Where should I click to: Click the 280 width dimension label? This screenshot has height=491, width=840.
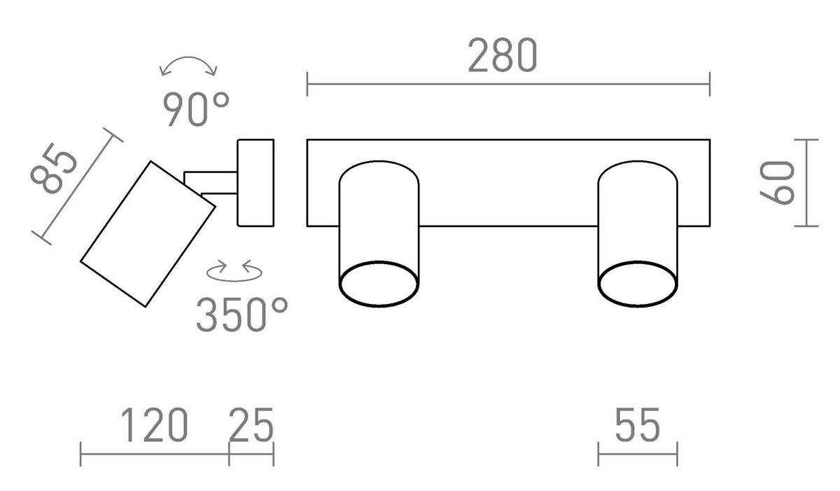click(x=503, y=55)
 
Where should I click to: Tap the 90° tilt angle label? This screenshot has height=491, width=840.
click(x=196, y=109)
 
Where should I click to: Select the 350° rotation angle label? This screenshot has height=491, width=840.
click(x=242, y=314)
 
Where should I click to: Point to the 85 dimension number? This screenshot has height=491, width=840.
click(x=55, y=169)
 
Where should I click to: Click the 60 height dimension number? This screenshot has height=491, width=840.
click(x=777, y=183)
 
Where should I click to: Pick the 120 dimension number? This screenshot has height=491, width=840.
click(x=154, y=425)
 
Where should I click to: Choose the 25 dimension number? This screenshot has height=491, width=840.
click(x=251, y=425)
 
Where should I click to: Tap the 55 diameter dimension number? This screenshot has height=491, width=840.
click(x=638, y=425)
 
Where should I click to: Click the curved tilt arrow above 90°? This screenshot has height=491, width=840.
click(x=188, y=58)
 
